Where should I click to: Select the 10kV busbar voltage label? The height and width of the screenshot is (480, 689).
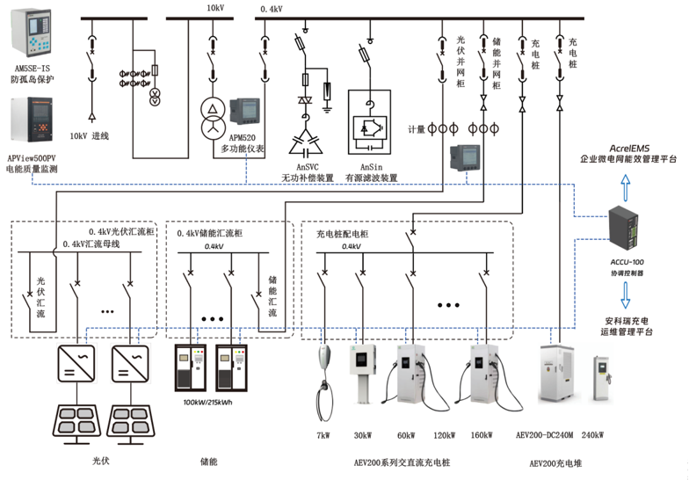click(x=215, y=7)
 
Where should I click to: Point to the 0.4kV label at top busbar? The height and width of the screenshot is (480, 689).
click(x=272, y=9)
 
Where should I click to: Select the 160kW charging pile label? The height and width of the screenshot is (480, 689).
click(x=481, y=435)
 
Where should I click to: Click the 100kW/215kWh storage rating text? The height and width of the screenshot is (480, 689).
click(x=207, y=403)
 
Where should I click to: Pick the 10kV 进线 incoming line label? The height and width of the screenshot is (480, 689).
click(x=89, y=137)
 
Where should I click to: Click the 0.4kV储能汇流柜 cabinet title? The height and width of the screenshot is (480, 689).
click(x=209, y=233)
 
